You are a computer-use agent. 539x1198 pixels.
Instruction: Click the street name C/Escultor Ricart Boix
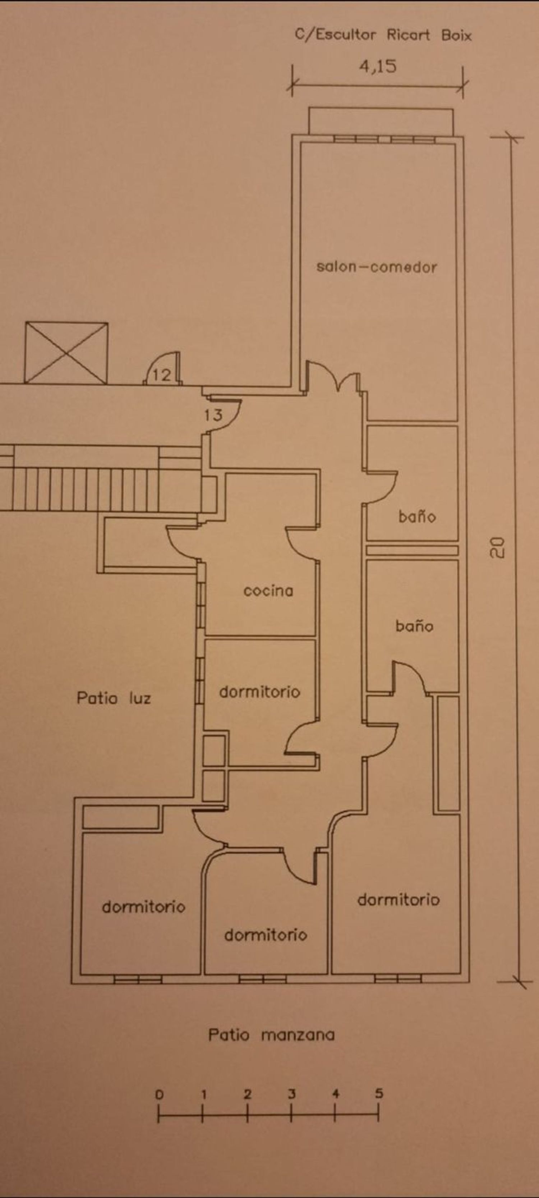tap(383, 35)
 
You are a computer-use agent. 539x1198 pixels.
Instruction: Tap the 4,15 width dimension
tap(378, 66)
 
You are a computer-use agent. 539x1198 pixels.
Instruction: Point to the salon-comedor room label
tap(377, 267)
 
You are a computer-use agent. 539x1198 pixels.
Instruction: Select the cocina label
tap(268, 591)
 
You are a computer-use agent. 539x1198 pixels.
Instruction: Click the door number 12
tap(162, 375)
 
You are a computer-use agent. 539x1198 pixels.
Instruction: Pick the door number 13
tap(213, 415)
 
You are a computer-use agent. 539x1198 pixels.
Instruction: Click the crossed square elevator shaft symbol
tap(66, 353)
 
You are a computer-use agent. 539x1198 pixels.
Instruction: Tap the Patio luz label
tap(114, 698)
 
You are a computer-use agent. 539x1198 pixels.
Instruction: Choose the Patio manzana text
tap(271, 1035)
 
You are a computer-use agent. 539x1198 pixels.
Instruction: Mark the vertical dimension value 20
tap(497, 547)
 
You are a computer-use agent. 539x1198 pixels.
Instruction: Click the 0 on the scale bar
tap(159, 1095)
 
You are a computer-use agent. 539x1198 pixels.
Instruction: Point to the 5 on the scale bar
tap(379, 1093)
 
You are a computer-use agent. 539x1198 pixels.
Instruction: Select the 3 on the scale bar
tap(291, 1094)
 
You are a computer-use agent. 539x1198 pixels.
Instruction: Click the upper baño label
tap(417, 516)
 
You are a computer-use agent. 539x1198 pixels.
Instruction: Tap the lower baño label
tap(414, 626)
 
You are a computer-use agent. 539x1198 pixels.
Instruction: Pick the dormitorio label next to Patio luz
tap(259, 692)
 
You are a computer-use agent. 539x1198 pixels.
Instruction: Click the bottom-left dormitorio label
tap(144, 907)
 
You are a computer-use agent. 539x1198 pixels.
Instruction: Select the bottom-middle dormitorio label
tap(266, 935)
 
